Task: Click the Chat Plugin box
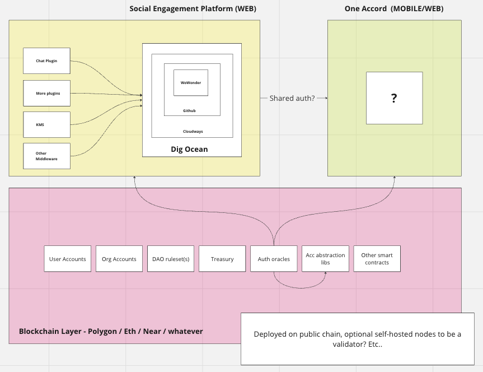(x=47, y=61)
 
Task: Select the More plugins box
(x=47, y=92)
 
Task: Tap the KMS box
(x=47, y=124)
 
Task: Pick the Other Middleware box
(x=47, y=156)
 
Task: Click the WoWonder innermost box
(x=190, y=82)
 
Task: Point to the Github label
(x=190, y=111)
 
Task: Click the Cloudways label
(x=193, y=132)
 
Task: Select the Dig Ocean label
(x=189, y=149)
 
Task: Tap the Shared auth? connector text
(x=292, y=98)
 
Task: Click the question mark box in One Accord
(x=394, y=98)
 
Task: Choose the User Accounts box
(x=68, y=259)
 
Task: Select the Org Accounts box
(x=119, y=259)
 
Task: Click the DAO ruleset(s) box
(x=171, y=259)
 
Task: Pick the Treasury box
(x=222, y=259)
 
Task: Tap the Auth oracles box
(x=274, y=259)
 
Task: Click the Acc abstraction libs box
(x=325, y=259)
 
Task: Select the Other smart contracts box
(x=377, y=259)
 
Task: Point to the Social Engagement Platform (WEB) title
(x=189, y=9)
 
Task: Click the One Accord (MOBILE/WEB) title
(x=394, y=9)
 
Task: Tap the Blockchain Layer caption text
(x=111, y=331)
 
